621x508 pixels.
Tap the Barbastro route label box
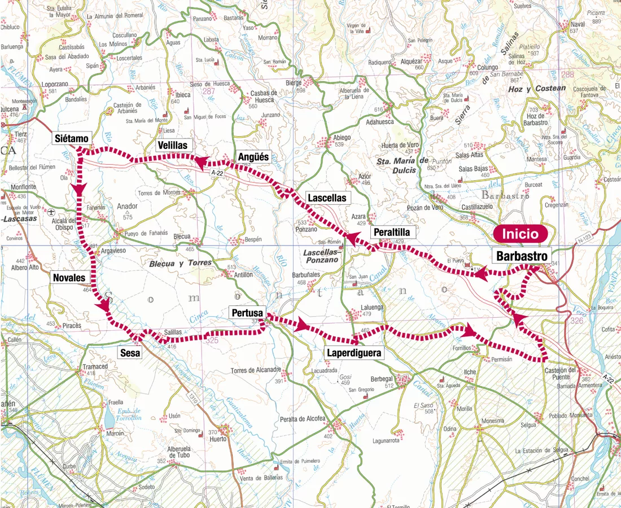click(522, 256)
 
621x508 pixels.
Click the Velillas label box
click(173, 146)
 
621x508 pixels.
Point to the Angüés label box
click(253, 157)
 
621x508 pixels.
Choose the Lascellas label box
click(327, 198)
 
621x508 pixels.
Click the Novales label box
click(69, 278)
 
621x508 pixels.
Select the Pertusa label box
click(246, 312)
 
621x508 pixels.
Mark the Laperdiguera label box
click(355, 353)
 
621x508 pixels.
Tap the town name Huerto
click(217, 439)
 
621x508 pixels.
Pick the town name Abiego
click(341, 137)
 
